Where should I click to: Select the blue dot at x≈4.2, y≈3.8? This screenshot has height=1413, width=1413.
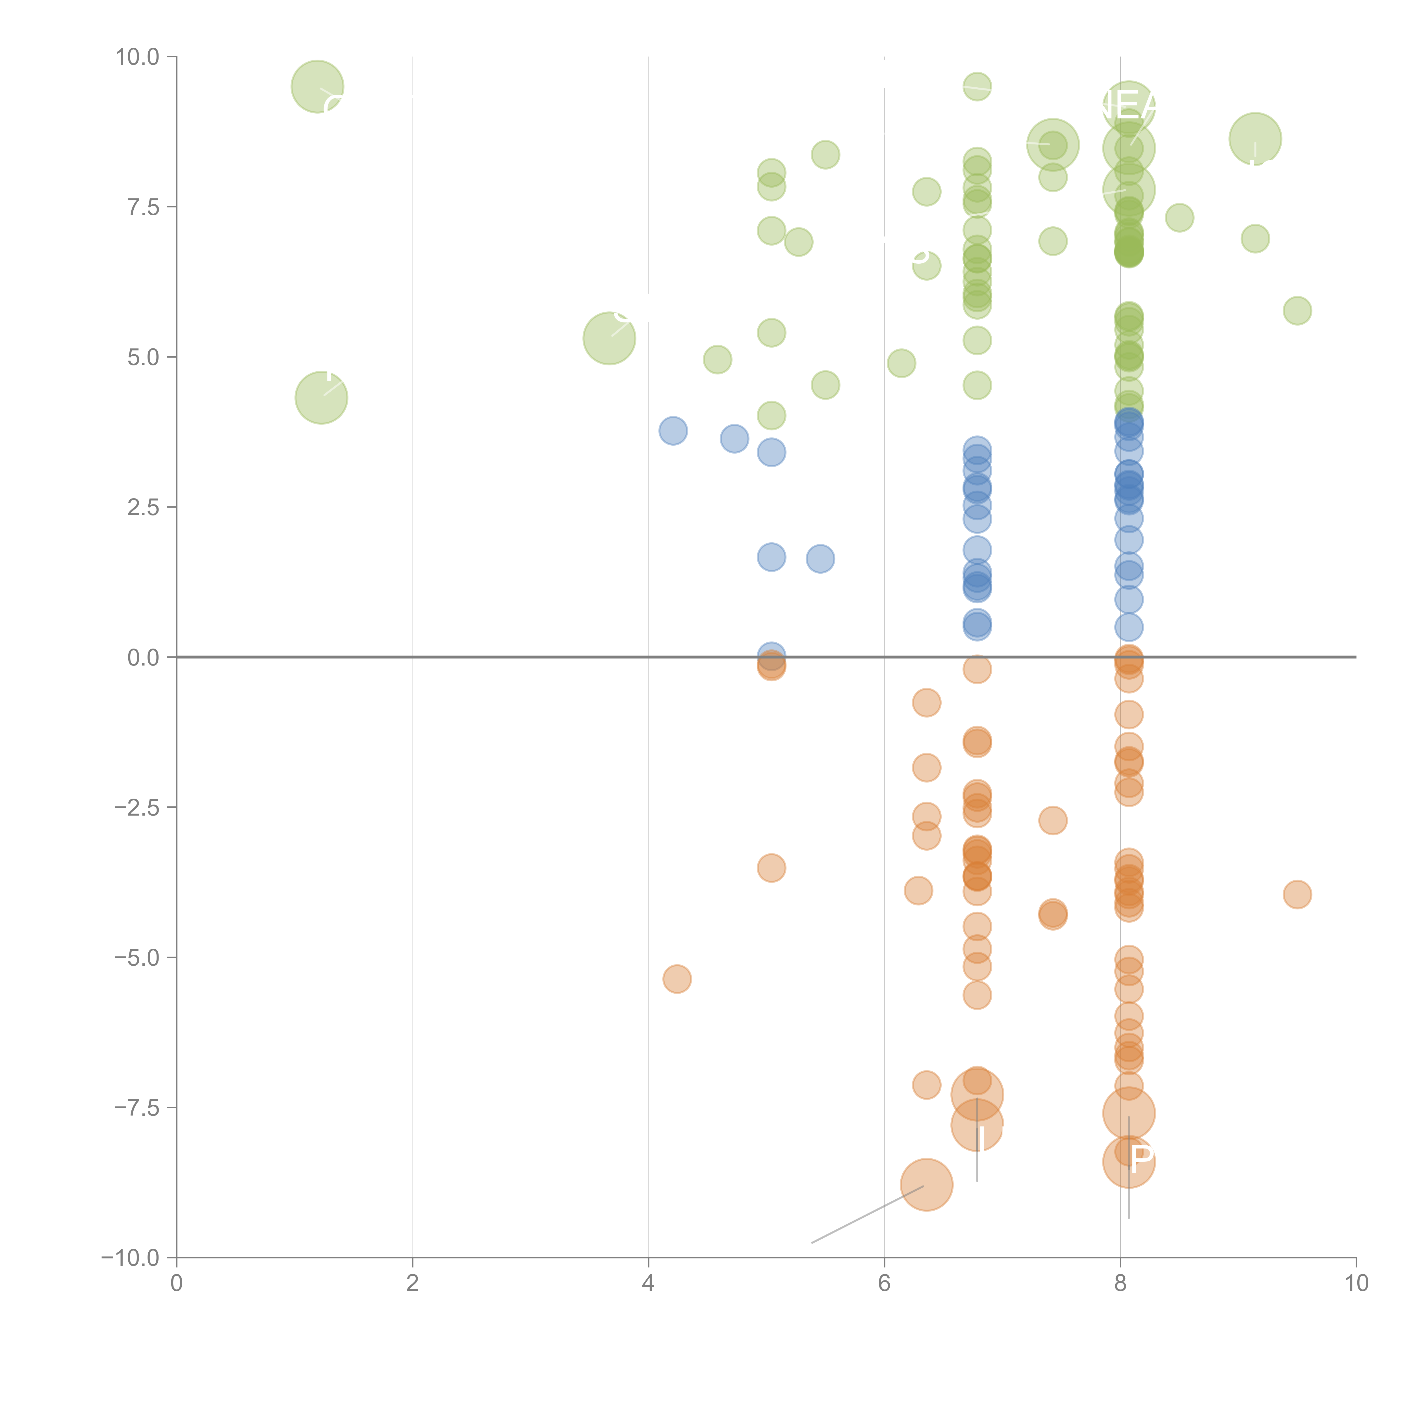(x=673, y=431)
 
